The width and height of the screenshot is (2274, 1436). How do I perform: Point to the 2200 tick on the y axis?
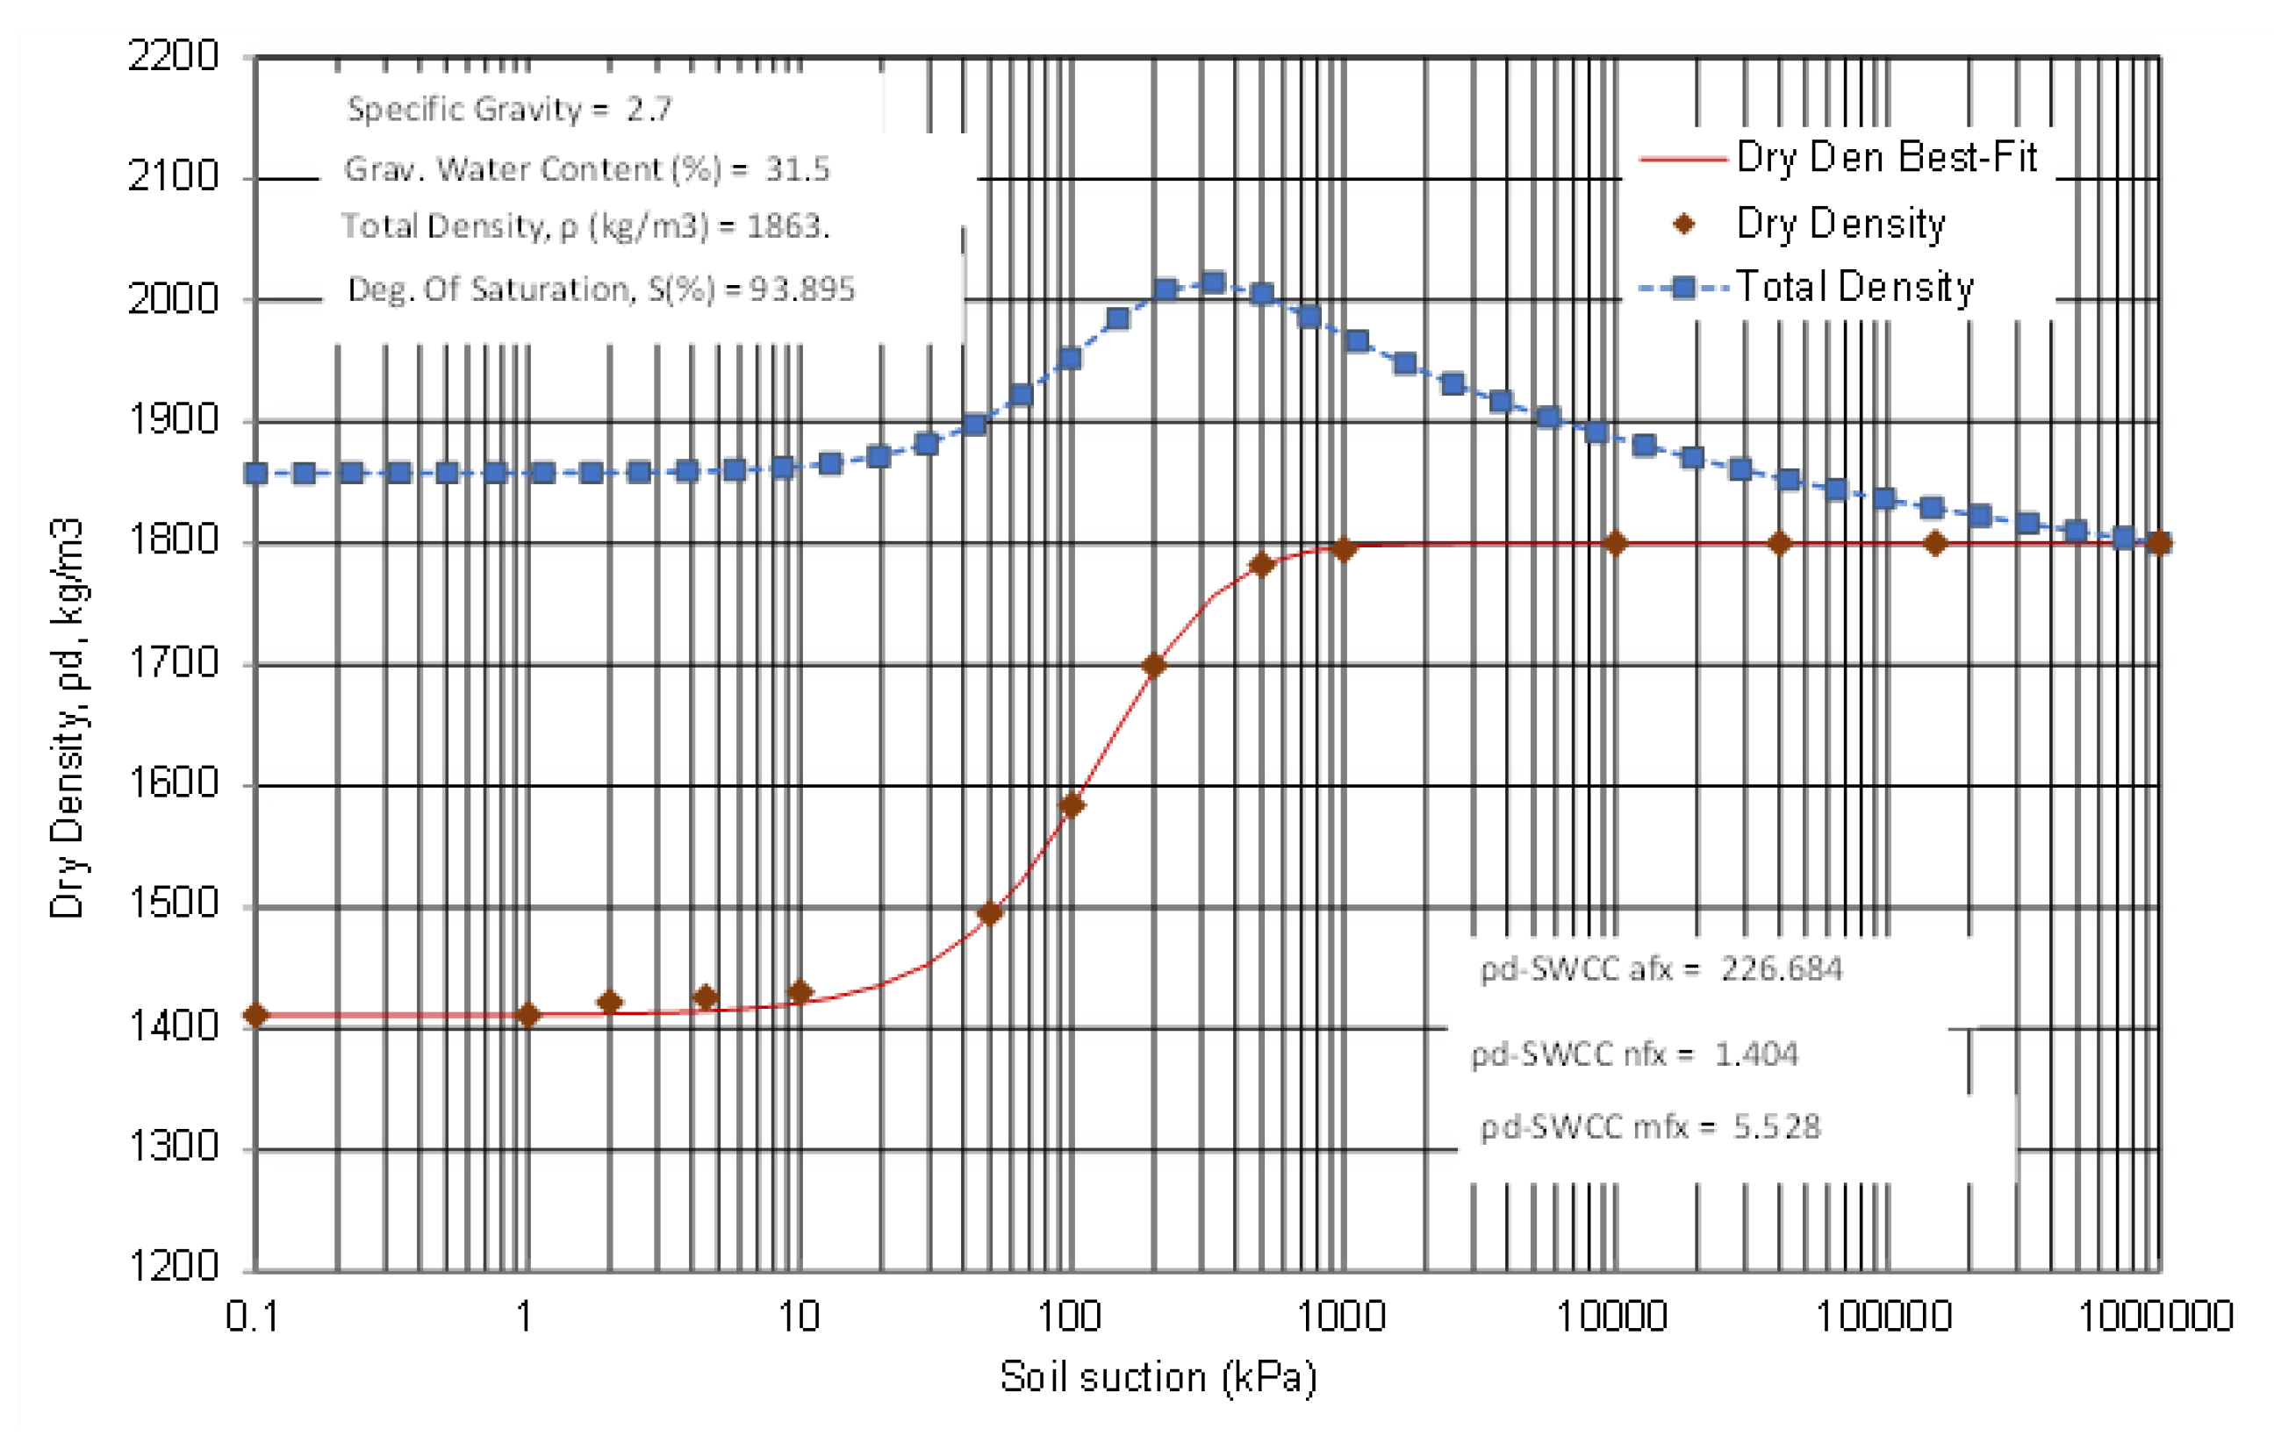[174, 57]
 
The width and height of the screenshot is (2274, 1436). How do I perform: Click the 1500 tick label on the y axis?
[174, 904]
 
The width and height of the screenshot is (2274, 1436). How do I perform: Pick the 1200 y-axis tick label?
[174, 1267]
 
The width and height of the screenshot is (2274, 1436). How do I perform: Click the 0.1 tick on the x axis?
[252, 1316]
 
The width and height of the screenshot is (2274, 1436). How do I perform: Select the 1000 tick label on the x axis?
[1342, 1316]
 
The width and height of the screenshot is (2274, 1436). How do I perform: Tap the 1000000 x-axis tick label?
[2156, 1316]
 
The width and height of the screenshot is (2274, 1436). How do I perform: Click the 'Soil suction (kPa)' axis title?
[1158, 1377]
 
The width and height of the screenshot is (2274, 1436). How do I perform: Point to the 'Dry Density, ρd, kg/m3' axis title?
[67, 718]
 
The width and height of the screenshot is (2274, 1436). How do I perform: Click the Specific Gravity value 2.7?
[649, 110]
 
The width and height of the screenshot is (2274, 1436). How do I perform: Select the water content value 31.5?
[797, 170]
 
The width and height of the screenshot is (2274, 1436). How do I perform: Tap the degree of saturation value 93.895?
[802, 289]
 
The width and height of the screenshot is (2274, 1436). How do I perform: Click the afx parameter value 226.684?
[1781, 969]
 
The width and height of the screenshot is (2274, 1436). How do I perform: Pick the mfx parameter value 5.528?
[1776, 1126]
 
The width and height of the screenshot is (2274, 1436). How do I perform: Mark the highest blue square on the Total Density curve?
[1214, 283]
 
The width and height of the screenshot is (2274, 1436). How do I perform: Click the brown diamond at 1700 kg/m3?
[1153, 666]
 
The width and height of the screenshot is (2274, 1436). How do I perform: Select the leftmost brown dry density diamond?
[256, 1015]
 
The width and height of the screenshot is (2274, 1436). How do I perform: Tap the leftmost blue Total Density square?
[256, 473]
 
